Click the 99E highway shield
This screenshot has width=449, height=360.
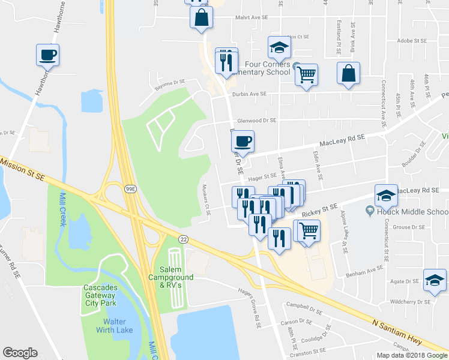click(x=130, y=188)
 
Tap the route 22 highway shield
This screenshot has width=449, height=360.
click(x=184, y=239)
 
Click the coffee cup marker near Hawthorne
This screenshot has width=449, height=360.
click(x=47, y=55)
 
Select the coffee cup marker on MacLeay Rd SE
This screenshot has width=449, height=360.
click(x=243, y=142)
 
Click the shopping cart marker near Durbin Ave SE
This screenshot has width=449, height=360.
click(x=306, y=74)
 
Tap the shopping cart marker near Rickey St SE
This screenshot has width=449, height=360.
click(x=309, y=230)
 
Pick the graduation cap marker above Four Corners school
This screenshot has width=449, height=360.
click(x=279, y=47)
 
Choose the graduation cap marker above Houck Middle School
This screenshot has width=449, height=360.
click(x=385, y=195)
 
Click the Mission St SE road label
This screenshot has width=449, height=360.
click(x=23, y=169)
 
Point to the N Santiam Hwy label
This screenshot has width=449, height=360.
click(x=400, y=330)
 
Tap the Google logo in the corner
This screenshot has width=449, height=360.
click(x=20, y=353)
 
